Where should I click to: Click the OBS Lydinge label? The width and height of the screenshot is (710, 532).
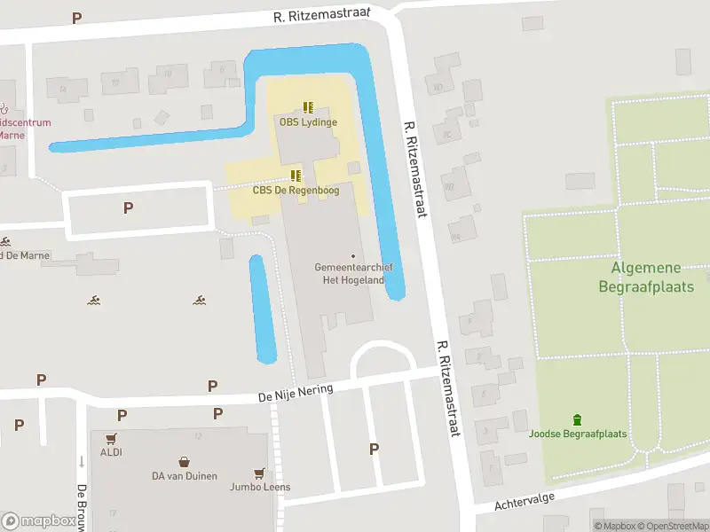pos(308,122)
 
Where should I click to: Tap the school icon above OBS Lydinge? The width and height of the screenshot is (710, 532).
pos(308,107)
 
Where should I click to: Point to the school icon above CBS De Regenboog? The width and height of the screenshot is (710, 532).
pos(296,175)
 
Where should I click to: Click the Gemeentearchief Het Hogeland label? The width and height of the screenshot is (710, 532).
pos(353,273)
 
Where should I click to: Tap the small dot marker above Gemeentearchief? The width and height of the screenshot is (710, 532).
pos(353,256)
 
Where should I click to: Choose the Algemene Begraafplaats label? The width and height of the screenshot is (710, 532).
pos(645,277)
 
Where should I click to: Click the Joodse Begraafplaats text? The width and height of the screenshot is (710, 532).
pos(578,434)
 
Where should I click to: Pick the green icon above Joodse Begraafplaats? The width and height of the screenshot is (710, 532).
pos(578,419)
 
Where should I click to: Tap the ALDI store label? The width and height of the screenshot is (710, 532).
pos(111,452)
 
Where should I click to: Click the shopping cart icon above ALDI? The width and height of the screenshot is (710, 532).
pos(111,438)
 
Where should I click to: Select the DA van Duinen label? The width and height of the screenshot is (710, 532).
pos(184,476)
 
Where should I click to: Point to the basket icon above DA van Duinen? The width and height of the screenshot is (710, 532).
pos(184,462)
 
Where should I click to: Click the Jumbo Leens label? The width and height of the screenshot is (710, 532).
pos(260,487)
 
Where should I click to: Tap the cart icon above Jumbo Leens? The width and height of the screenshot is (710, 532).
pos(259,473)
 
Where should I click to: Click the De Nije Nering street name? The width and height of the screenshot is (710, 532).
pos(296,392)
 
